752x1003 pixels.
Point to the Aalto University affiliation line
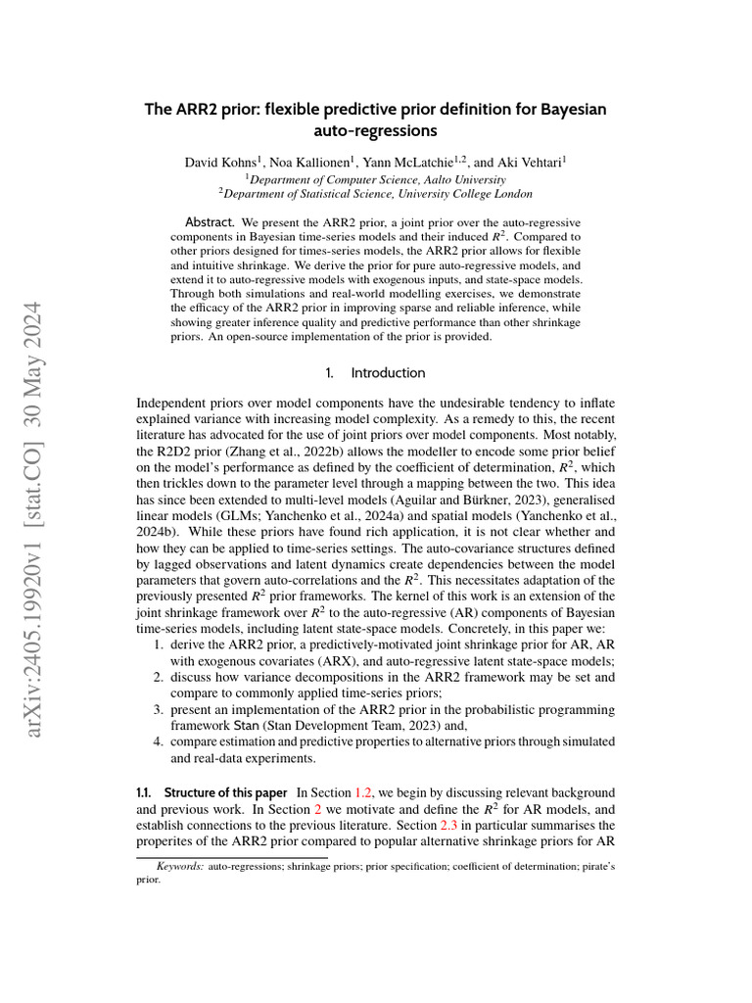pos(376,179)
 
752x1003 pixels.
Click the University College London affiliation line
pos(376,194)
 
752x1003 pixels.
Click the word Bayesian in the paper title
pos(569,109)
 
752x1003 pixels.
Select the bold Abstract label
pos(210,222)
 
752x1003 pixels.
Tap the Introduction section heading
pos(388,373)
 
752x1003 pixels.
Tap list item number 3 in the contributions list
pos(158,712)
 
